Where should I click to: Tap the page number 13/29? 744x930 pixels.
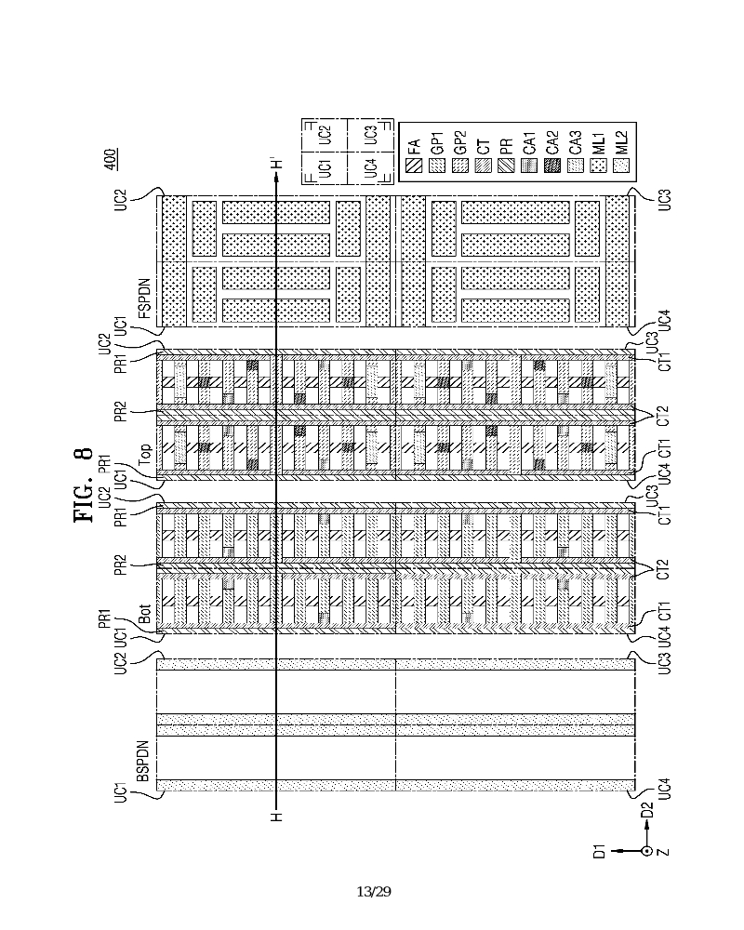coord(373,892)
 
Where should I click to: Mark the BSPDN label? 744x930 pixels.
coord(143,761)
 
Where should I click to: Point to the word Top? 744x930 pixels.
coord(146,454)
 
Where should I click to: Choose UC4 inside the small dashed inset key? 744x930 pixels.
coord(370,169)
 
